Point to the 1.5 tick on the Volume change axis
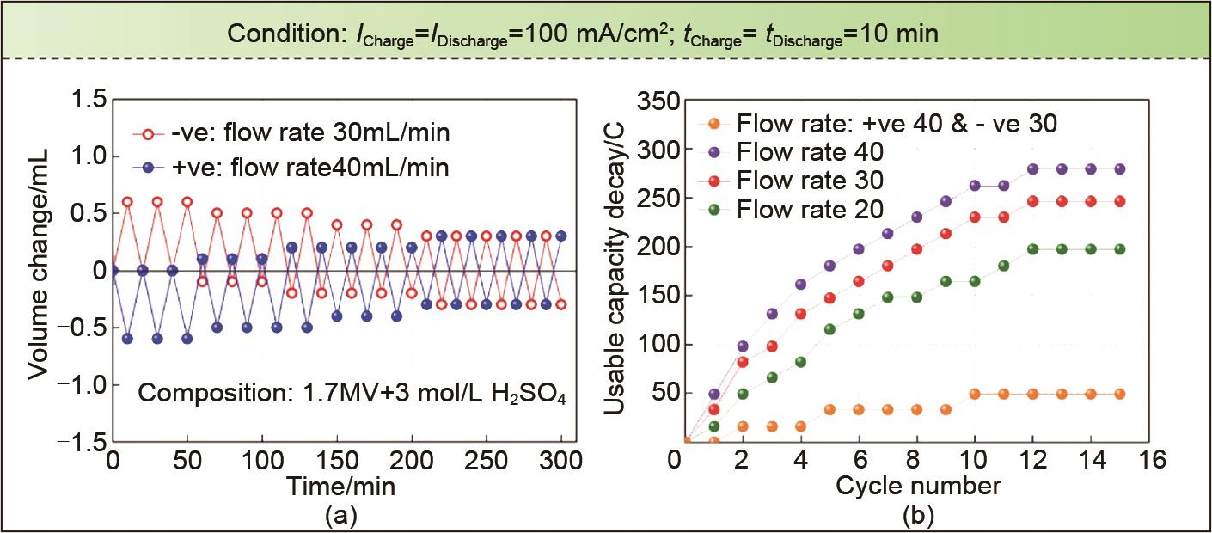88,100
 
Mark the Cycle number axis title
918,486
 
